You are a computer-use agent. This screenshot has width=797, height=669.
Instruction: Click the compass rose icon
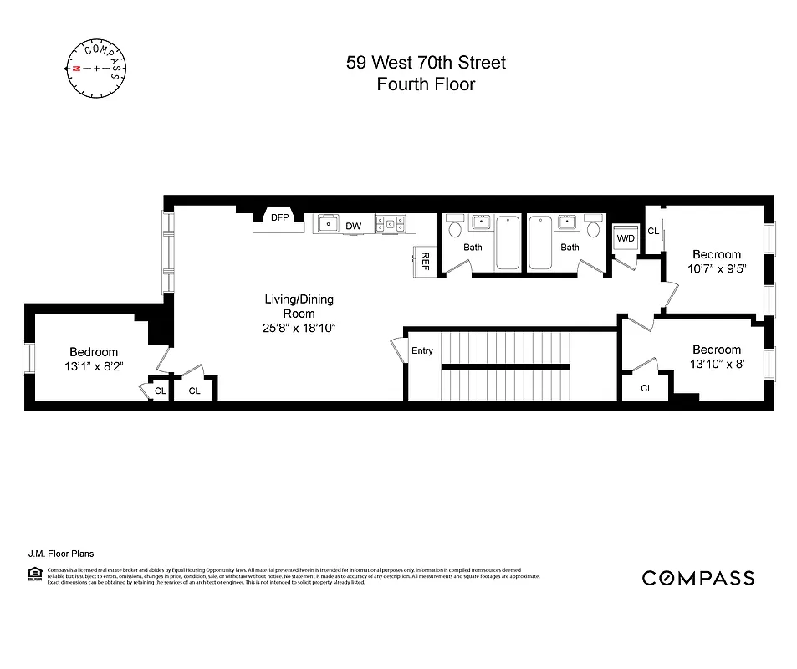click(x=96, y=68)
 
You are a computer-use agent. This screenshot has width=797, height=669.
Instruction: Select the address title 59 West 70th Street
click(x=426, y=63)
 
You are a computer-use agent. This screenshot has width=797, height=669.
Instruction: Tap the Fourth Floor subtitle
click(x=426, y=84)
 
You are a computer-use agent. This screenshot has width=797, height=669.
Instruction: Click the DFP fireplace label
click(x=279, y=217)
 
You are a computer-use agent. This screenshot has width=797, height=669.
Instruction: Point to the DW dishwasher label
click(x=354, y=226)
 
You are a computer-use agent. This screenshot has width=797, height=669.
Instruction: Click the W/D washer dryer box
click(x=626, y=238)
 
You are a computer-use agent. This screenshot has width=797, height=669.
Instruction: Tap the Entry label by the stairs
click(x=422, y=350)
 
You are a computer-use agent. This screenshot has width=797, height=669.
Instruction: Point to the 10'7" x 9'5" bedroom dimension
click(x=716, y=269)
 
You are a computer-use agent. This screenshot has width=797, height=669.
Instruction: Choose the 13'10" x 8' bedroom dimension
click(x=716, y=364)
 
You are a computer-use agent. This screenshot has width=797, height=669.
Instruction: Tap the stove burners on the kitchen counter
click(x=390, y=223)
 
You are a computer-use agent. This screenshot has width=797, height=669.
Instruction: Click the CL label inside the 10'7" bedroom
click(x=653, y=231)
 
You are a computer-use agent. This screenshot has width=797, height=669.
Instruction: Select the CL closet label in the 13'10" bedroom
click(x=646, y=388)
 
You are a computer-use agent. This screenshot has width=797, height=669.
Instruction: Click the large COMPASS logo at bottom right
click(x=697, y=578)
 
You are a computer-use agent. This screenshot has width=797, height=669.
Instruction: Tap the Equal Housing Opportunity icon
click(x=34, y=573)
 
